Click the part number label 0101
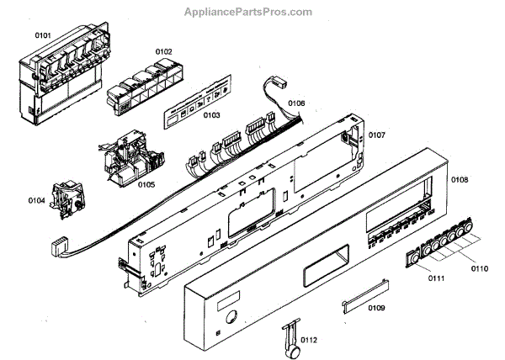pyautogui.click(x=44, y=36)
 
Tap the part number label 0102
pyautogui.click(x=162, y=53)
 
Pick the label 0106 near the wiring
pyautogui.click(x=297, y=103)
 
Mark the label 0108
pyautogui.click(x=460, y=180)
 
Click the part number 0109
pyautogui.click(x=375, y=308)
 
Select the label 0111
pyautogui.click(x=434, y=277)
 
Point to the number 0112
pyautogui.click(x=308, y=340)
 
